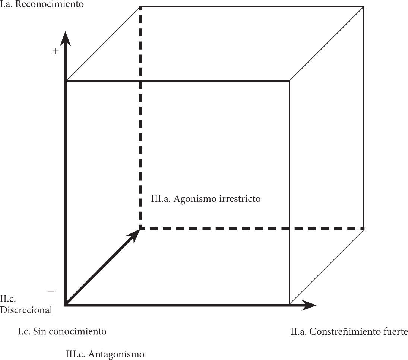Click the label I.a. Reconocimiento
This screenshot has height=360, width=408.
coord(42,5)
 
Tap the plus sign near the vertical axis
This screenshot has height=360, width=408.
coord(56,51)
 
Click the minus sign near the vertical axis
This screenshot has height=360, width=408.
coord(51,291)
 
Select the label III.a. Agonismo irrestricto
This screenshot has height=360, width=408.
coord(206,199)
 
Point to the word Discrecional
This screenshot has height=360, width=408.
coord(26,310)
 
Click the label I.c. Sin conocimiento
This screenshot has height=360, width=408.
coord(62,331)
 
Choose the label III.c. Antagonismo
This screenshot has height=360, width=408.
coord(105,354)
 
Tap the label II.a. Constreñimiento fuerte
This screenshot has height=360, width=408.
coord(349,331)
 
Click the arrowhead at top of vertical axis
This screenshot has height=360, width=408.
coord(66,37)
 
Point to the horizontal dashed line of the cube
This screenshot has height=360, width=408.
coord(253,229)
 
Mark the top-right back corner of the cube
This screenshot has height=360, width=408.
coord(363,7)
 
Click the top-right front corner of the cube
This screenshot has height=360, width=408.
coord(290,81)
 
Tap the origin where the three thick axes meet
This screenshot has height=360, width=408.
coord(66,305)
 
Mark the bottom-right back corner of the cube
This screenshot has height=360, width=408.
coord(363,229)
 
